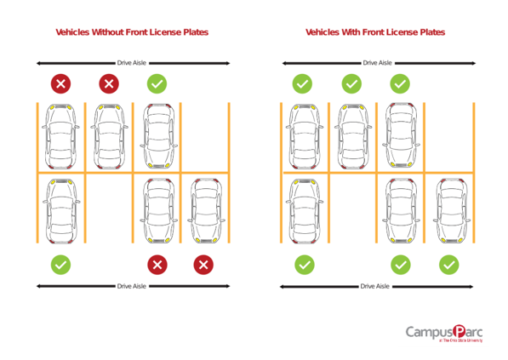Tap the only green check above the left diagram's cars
click(x=156, y=83)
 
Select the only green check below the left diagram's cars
click(x=60, y=265)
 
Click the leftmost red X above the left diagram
click(x=60, y=83)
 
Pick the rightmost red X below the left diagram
click(x=203, y=265)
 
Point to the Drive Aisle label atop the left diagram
click(x=133, y=62)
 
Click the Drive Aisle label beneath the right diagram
click(x=375, y=287)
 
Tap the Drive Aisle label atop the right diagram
click(x=377, y=62)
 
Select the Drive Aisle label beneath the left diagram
click(x=132, y=287)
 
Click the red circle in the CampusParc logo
click(x=460, y=330)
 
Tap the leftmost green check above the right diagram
click(x=303, y=83)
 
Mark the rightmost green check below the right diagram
click(x=448, y=265)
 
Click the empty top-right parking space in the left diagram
click(x=204, y=136)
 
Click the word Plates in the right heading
click(x=431, y=32)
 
